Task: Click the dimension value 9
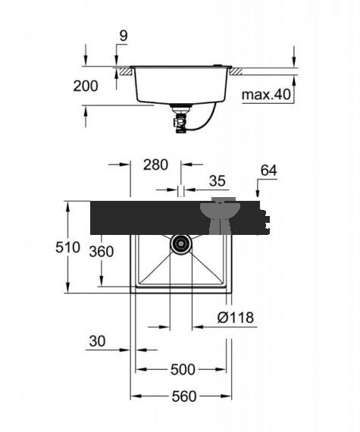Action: coord(124,36)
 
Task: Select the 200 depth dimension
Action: coord(86,86)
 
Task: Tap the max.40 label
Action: coord(266,95)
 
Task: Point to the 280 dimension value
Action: coord(155,164)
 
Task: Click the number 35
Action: coord(218,181)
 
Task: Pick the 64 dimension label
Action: coord(268,171)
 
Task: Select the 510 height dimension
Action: coord(67,247)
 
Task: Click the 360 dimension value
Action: coord(102,252)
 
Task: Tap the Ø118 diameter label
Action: coord(236,318)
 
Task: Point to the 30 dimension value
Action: coord(97,341)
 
